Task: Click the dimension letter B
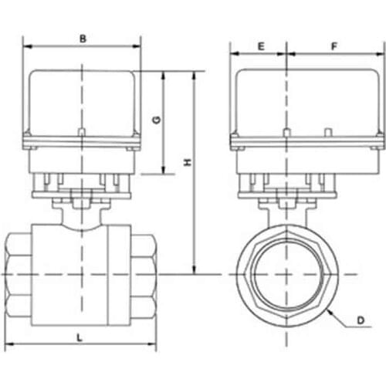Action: (x=83, y=36)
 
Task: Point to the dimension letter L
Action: (x=80, y=337)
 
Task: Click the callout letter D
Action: (x=360, y=318)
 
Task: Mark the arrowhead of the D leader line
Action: (x=327, y=309)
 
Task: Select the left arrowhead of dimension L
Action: (x=8, y=345)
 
